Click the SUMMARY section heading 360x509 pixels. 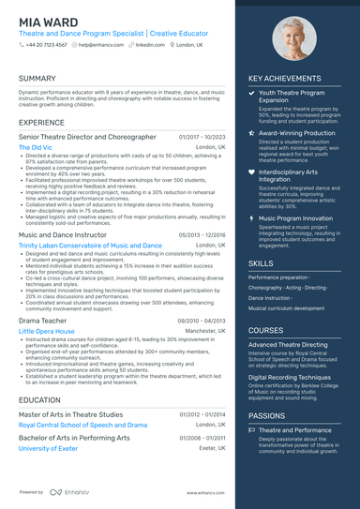37,79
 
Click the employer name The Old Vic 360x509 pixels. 36,147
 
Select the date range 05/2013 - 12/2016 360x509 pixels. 202,235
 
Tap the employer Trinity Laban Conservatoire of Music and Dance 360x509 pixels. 90,246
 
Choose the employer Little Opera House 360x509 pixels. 47,331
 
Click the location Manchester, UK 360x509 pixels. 205,331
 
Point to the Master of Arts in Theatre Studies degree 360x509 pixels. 70,414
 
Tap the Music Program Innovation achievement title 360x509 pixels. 298,217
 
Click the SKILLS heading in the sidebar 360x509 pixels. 262,263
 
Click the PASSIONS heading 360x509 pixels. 267,414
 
